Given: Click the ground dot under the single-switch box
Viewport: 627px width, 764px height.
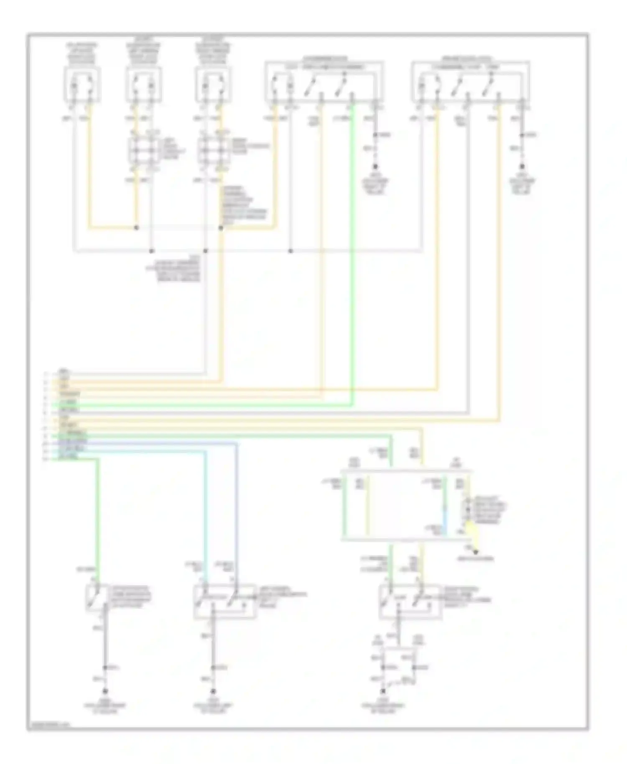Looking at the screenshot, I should click(x=105, y=691).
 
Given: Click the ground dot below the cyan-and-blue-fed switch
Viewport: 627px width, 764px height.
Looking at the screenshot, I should click(x=213, y=691).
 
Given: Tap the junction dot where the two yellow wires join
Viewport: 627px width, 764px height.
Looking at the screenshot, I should click(x=136, y=228).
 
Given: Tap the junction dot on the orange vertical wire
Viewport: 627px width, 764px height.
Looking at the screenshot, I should click(x=221, y=228).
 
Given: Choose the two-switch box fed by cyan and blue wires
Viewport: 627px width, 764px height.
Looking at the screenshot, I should click(x=224, y=601).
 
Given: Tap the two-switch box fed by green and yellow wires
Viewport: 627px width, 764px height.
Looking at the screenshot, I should click(x=410, y=601).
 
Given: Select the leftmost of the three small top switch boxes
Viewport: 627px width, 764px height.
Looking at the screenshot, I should click(x=82, y=85).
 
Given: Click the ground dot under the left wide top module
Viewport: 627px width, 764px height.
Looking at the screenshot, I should click(x=375, y=166).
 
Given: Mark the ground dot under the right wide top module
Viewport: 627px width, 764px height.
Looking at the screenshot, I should click(x=522, y=166).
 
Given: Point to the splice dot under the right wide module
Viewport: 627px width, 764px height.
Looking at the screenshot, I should click(x=522, y=135).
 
